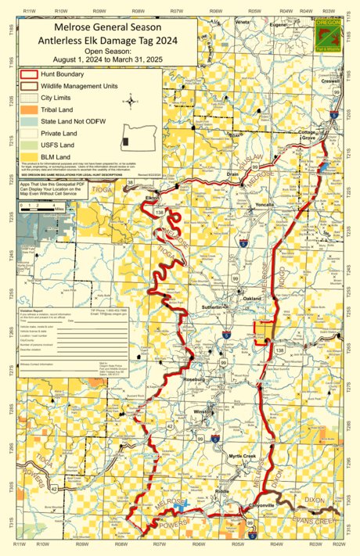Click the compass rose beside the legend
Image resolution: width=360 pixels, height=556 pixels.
point(131,100)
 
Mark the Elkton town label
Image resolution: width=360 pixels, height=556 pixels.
point(153,199)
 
